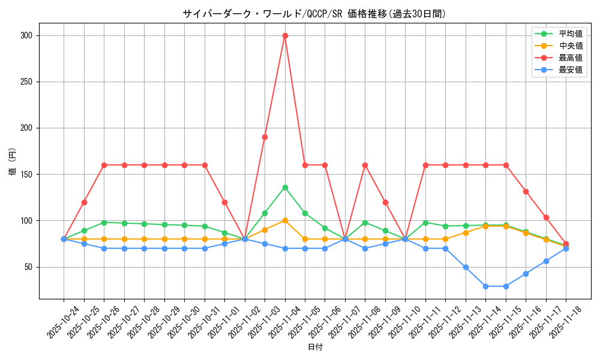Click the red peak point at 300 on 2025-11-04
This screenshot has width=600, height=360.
pos(285,35)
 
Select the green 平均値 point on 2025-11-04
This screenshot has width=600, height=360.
pos(285,187)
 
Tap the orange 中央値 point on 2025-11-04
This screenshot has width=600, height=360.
pos(285,220)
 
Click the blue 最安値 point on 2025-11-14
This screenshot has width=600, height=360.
pos(485,286)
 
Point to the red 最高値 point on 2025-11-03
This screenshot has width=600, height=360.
pos(265,137)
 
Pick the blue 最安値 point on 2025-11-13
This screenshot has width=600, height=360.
pos(466,267)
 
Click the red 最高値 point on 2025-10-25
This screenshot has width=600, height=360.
pos(84,202)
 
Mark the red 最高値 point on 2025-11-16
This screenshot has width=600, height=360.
pos(526,191)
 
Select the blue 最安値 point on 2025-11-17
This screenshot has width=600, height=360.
pos(546,261)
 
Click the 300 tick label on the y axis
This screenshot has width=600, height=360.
pos(26,35)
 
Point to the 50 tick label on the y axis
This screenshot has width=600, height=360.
pos(28,267)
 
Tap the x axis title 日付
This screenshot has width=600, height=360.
pos(315,347)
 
